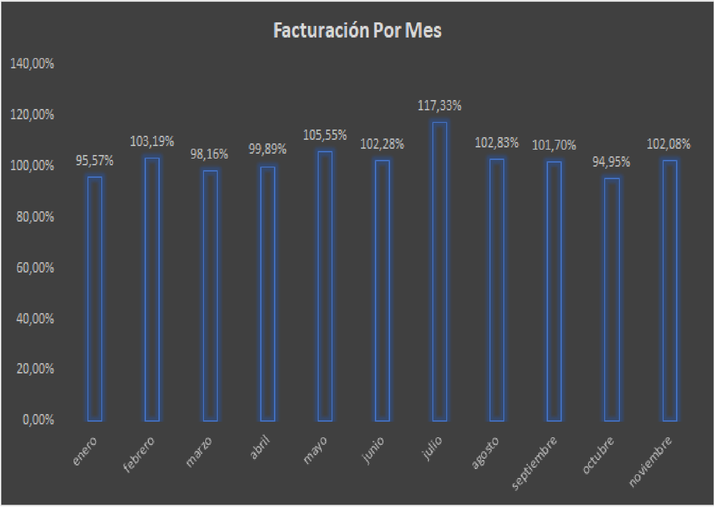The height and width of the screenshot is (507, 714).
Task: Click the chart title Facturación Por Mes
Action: [x=357, y=30]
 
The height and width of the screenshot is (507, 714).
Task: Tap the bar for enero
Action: [x=95, y=299]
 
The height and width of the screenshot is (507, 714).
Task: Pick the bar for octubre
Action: [x=612, y=300]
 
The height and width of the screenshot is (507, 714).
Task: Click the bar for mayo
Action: [x=325, y=286]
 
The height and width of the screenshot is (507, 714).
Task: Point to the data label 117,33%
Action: [x=440, y=106]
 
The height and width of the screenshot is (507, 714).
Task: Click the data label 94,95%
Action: [x=611, y=162]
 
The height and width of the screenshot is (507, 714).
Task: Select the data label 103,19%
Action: [x=152, y=142]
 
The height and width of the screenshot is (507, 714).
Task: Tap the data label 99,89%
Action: [x=267, y=149]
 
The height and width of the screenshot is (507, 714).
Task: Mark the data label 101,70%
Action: [x=554, y=145]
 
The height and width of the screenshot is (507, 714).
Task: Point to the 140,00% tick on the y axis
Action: [x=32, y=64]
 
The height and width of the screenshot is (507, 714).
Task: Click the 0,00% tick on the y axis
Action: [x=38, y=420]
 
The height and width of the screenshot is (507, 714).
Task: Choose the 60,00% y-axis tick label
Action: [x=35, y=268]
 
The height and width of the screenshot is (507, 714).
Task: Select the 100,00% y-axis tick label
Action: [x=32, y=166]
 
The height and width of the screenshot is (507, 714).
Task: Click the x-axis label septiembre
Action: [x=535, y=463]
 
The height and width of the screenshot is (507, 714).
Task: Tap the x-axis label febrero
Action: [x=139, y=454]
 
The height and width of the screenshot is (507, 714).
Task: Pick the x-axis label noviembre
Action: [x=650, y=461]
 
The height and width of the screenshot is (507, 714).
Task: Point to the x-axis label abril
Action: [x=260, y=448]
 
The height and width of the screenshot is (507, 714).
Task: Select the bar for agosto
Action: [x=497, y=290]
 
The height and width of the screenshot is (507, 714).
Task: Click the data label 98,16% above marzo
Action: [x=209, y=155]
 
